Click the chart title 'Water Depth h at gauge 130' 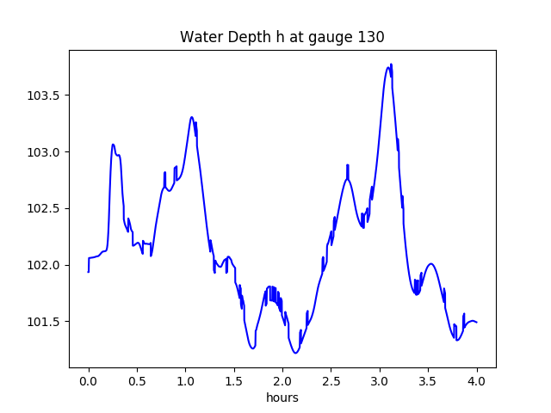282,38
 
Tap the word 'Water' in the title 199,38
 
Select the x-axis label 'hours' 282,398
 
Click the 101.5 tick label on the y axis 45,322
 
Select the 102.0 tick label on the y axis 45,265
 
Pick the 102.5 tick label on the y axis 45,209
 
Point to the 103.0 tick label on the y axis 45,152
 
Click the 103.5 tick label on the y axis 45,96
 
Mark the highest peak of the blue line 391,65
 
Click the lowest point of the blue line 294,353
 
